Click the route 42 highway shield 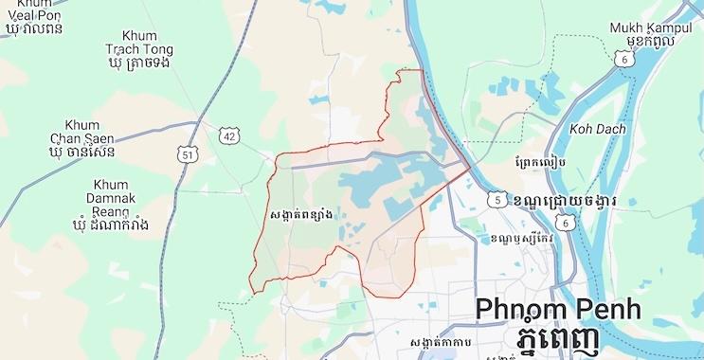[x=230, y=136]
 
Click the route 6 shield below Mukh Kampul [x=624, y=60]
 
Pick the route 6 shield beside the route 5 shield [x=567, y=221]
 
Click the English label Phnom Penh [x=557, y=309]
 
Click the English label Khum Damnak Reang [x=111, y=198]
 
